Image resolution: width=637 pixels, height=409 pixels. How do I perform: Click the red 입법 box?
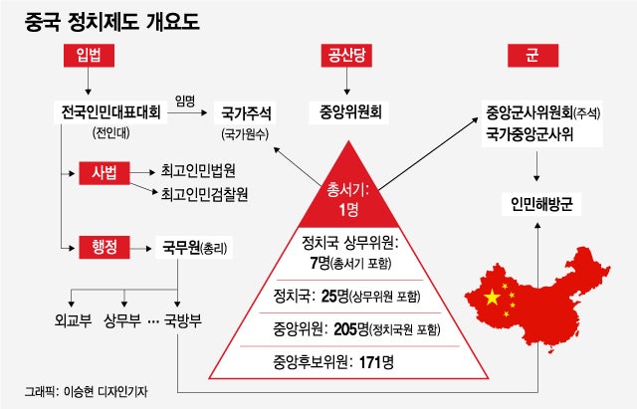click(x=89, y=56)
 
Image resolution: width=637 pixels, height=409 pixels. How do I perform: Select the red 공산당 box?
click(x=346, y=56)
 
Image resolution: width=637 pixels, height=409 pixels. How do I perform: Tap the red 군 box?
click(x=533, y=56)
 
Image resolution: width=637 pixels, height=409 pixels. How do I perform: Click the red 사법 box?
click(x=105, y=173)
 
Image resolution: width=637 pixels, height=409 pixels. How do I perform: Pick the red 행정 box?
click(x=105, y=247)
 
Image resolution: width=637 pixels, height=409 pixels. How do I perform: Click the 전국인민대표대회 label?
click(x=110, y=112)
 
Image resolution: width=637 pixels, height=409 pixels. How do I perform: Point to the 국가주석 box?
click(x=245, y=112)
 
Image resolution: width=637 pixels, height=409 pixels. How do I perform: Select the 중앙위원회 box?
click(x=349, y=112)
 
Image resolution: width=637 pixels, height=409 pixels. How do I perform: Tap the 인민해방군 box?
click(x=541, y=204)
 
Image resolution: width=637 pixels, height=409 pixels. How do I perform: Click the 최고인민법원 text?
click(x=198, y=170)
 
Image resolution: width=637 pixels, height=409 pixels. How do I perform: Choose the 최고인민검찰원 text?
click(x=204, y=194)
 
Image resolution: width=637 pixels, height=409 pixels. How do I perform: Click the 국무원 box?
click(x=194, y=247)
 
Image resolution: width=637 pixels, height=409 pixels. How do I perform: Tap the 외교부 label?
click(x=73, y=320)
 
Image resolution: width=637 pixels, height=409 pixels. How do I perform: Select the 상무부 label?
click(x=122, y=320)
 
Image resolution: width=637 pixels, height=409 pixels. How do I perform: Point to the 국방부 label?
click(x=183, y=320)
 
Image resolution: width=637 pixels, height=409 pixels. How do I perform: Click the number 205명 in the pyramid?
click(x=351, y=329)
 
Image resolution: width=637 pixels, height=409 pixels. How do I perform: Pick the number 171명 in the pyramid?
click(x=376, y=362)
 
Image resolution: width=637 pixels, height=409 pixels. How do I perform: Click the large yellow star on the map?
click(x=492, y=298)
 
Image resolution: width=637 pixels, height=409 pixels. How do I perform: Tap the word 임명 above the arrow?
click(x=185, y=102)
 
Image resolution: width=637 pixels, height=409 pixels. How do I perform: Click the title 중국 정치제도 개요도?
click(x=112, y=22)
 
